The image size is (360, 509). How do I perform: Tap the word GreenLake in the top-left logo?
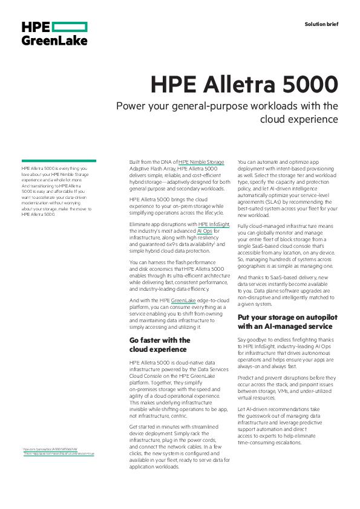pos(54,41)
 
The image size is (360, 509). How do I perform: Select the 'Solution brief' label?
pos(321,24)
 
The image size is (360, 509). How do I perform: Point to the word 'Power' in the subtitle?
pos(133,106)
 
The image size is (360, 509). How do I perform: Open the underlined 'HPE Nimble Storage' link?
pos(201,162)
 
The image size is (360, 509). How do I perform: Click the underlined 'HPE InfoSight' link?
pos(214,224)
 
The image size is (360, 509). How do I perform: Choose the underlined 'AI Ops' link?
pos(205,230)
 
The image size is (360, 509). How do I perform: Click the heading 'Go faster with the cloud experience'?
pos(160,345)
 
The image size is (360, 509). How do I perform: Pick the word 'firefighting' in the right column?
pos(309,340)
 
